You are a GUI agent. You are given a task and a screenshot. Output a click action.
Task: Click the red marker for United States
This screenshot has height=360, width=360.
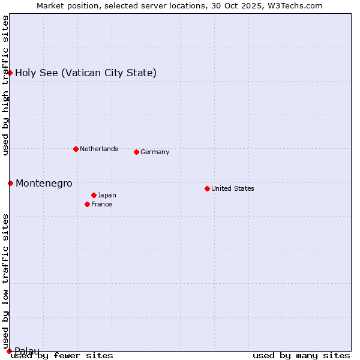tap(207, 188)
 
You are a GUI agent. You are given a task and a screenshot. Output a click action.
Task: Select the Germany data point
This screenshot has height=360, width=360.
tap(136, 152)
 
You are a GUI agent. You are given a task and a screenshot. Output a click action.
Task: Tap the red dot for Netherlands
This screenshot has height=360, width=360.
tap(76, 149)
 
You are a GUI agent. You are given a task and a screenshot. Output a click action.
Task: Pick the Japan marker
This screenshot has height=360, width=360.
tap(94, 195)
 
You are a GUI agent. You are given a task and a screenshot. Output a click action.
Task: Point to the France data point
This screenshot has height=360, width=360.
tap(87, 204)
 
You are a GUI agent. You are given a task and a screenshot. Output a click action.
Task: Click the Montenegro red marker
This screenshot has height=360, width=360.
tap(10, 183)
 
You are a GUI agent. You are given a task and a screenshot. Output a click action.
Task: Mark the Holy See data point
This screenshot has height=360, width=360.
tap(10, 73)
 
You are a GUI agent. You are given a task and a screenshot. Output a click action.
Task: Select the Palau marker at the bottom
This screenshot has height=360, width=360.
tap(9, 351)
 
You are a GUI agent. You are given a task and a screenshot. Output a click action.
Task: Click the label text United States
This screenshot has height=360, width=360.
tap(233, 188)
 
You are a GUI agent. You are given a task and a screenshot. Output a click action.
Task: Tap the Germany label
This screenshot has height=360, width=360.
tap(155, 152)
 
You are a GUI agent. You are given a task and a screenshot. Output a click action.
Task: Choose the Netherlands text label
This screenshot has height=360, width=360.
tap(99, 149)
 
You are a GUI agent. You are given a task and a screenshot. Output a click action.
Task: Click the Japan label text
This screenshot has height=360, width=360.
tap(107, 195)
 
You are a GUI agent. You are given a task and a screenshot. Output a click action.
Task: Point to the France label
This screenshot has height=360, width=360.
tap(101, 204)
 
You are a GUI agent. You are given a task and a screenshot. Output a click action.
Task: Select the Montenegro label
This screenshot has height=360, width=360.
tap(44, 183)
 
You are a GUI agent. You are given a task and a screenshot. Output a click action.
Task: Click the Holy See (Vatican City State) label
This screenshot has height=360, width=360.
tap(86, 73)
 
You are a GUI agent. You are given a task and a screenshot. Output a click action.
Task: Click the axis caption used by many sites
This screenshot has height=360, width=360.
tap(301, 355)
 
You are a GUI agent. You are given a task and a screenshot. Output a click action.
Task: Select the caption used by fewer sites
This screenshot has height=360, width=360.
tap(62, 355)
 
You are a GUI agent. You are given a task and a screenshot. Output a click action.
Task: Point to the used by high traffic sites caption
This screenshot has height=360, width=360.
tap(5, 85)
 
